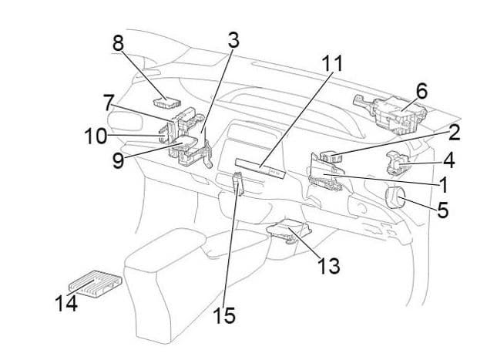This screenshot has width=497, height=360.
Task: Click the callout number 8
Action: click(118, 43)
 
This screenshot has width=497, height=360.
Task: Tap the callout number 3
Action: click(233, 41)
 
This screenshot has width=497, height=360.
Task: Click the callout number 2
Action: click(454, 132)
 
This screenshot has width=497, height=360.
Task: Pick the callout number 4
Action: click(447, 161)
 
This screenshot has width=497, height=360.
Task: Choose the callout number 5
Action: click(442, 209)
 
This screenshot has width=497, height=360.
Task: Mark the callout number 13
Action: click(329, 267)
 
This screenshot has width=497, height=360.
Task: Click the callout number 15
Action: click(225, 315)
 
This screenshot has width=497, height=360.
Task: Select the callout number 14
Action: click(66, 303)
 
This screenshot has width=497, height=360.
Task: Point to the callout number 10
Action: click(96, 136)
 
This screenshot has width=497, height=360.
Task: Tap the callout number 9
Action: click(118, 162)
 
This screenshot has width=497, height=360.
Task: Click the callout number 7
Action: click(109, 101)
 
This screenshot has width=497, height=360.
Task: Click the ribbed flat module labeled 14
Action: click(96, 283)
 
